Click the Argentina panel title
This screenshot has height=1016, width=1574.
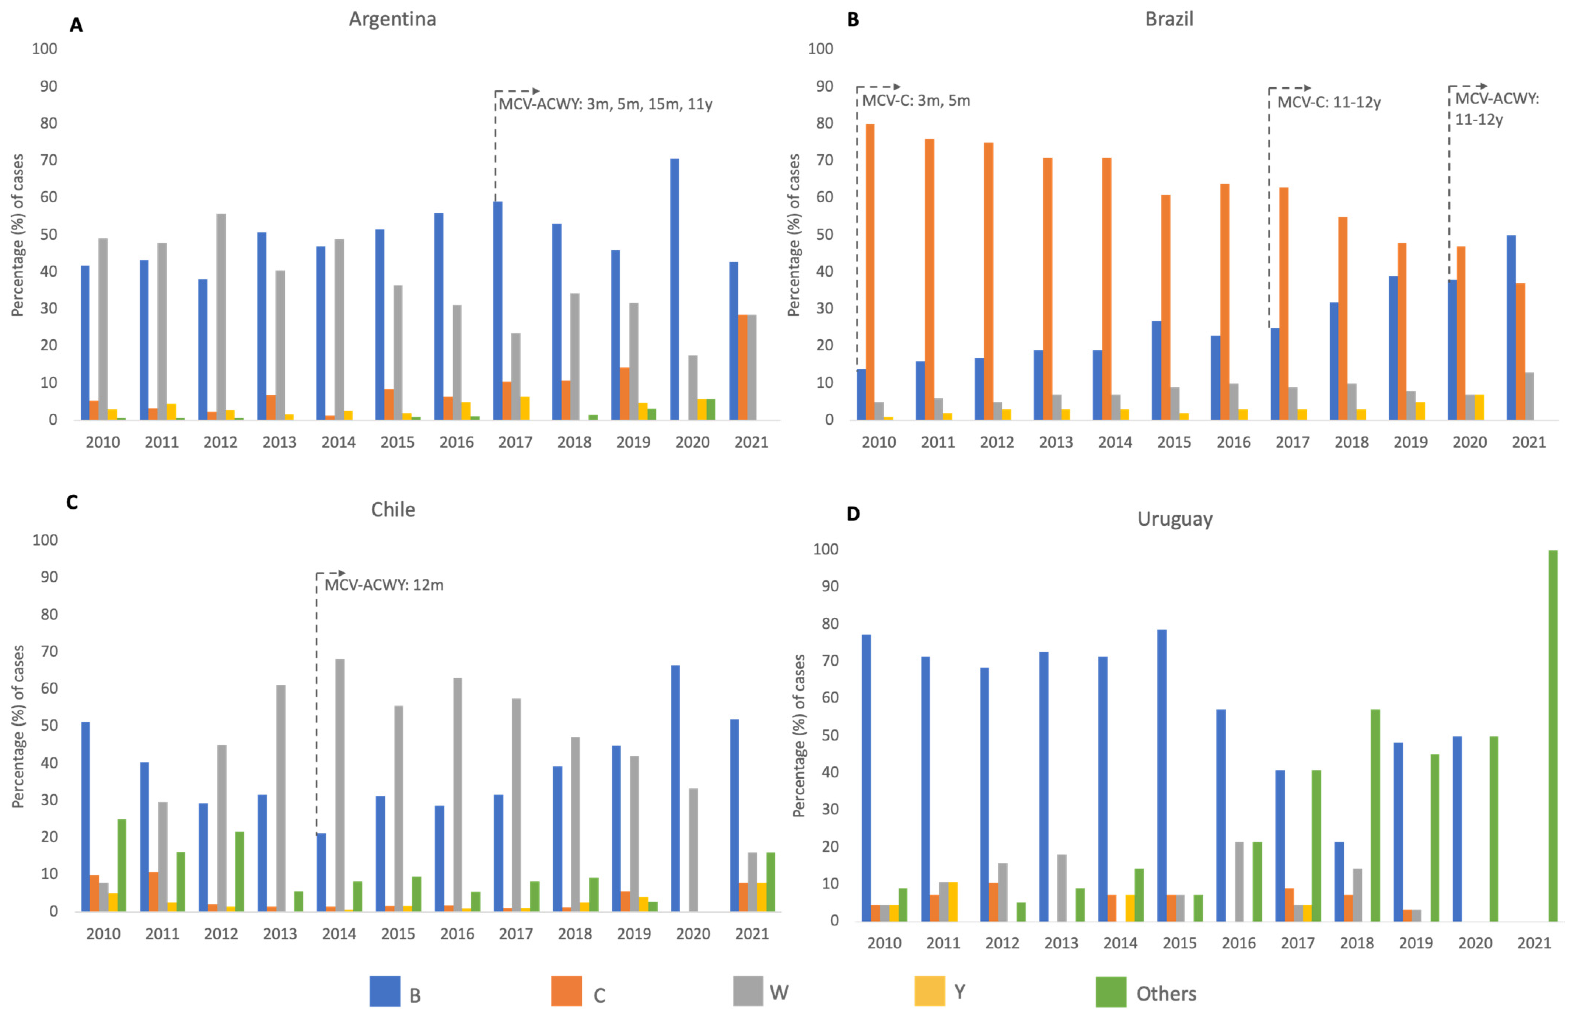(392, 19)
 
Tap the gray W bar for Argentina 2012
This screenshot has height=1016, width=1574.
(221, 317)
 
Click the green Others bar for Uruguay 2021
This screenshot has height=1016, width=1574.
(1553, 736)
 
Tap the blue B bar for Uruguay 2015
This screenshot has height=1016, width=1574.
(1162, 775)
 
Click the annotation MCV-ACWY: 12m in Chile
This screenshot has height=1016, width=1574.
(384, 585)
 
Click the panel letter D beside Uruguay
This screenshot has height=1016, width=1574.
(853, 514)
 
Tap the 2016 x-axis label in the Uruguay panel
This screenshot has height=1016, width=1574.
(1238, 943)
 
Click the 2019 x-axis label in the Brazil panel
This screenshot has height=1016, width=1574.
(1410, 442)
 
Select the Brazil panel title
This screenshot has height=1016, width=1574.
(1169, 19)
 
